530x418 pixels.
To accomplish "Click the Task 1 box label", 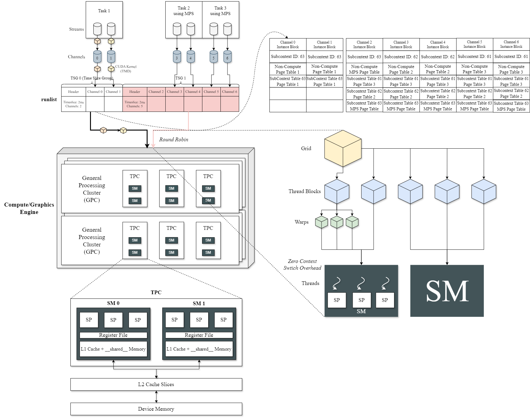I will [x=104, y=11].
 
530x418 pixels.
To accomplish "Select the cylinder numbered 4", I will [x=190, y=57].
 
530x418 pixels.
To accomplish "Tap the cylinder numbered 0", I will [x=97, y=57].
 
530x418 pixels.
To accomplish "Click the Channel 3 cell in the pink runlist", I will [x=175, y=92].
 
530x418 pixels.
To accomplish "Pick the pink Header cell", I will [x=135, y=92].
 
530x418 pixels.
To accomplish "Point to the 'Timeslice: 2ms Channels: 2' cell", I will [x=73, y=104].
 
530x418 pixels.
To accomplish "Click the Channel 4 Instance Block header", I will [x=438, y=44].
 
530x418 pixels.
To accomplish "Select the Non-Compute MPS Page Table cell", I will [x=364, y=69].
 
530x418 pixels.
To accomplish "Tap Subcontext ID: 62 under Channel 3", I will [x=401, y=57].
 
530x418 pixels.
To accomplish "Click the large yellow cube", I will [x=343, y=149].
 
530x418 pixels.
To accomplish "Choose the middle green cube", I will [x=337, y=222].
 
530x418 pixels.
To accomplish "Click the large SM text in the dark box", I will [x=447, y=291].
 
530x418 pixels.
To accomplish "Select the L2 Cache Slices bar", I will [x=156, y=384].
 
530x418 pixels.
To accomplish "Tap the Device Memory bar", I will [x=156, y=409].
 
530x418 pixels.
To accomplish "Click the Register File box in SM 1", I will [x=199, y=335].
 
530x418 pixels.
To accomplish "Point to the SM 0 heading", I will [x=113, y=303].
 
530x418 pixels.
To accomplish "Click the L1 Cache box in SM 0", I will [x=113, y=349].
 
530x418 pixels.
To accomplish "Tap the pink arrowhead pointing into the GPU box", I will [x=153, y=145].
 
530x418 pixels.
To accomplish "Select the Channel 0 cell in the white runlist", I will [x=95, y=92].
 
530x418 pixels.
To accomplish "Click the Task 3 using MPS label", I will [x=220, y=11].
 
